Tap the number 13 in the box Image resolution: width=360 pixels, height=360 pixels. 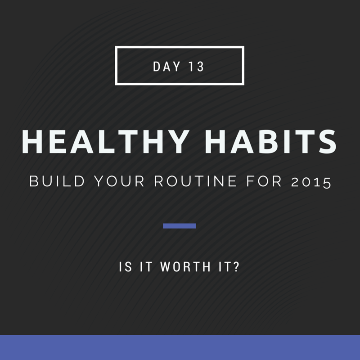tap(196, 67)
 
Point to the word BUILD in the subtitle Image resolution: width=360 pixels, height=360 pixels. tap(57, 181)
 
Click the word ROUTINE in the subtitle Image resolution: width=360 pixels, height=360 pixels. tap(195, 181)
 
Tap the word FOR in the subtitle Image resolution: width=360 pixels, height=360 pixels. tap(264, 181)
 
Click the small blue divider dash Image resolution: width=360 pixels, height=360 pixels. tap(179, 226)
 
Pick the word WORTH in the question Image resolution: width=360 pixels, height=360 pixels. tap(185, 267)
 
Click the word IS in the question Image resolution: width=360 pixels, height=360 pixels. tap(126, 267)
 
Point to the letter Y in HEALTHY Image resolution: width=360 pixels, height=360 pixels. tap(176, 142)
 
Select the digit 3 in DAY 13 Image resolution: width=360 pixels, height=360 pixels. tap(200, 67)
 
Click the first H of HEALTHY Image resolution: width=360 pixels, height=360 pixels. tap(32, 142)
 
